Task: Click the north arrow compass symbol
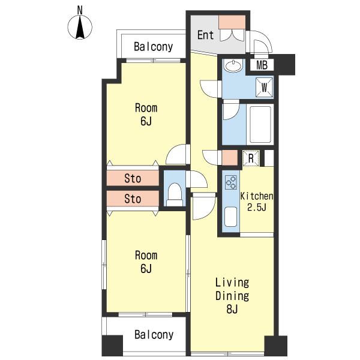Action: [x=80, y=27]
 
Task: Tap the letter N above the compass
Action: [x=80, y=10]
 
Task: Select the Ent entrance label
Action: [x=205, y=35]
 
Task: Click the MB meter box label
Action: [x=262, y=65]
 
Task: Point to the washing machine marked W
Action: [x=265, y=88]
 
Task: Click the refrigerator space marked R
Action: [x=251, y=158]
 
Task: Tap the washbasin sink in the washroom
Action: [x=233, y=66]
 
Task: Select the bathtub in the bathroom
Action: [x=260, y=124]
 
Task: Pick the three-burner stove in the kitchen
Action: [x=231, y=182]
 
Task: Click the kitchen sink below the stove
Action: [x=230, y=217]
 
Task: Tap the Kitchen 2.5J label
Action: [x=257, y=202]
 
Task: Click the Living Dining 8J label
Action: [x=232, y=296]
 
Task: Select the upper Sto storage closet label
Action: [x=133, y=178]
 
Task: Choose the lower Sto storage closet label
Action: [x=133, y=199]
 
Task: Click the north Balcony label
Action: [x=154, y=47]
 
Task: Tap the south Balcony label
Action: [x=154, y=335]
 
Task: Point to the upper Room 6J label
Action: [x=146, y=115]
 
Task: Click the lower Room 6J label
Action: [x=146, y=262]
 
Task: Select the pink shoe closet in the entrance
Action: [x=232, y=22]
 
